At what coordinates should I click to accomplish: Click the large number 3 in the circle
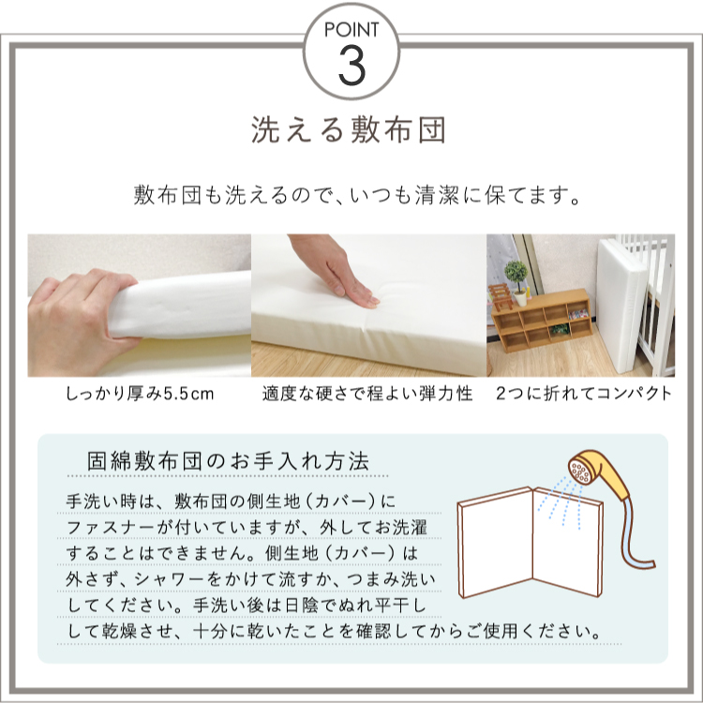pos(351,63)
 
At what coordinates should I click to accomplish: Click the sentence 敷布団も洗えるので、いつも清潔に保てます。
pos(351,198)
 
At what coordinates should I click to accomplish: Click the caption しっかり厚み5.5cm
pos(140,394)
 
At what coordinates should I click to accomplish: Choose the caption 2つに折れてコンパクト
pos(583,394)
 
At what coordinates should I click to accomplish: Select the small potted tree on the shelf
pos(516,279)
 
